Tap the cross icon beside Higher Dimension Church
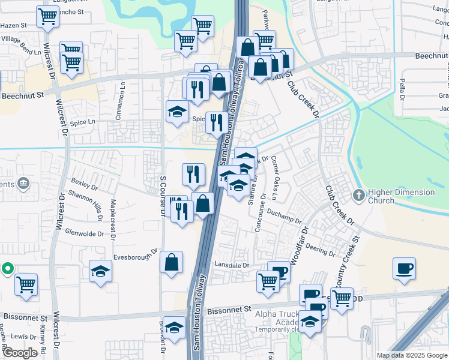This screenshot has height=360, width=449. pyautogui.click(x=358, y=195)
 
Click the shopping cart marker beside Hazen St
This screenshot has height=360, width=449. pyautogui.click(x=47, y=18)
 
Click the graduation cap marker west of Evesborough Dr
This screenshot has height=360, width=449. pyautogui.click(x=101, y=271)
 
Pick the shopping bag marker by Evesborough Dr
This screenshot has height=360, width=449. pyautogui.click(x=172, y=262)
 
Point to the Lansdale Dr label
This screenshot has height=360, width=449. pyautogui.click(x=231, y=265)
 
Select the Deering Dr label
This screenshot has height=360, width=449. pyautogui.click(x=319, y=249)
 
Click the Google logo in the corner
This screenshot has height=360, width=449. pyautogui.click(x=20, y=353)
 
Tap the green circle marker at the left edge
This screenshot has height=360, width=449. pyautogui.click(x=7, y=269)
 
